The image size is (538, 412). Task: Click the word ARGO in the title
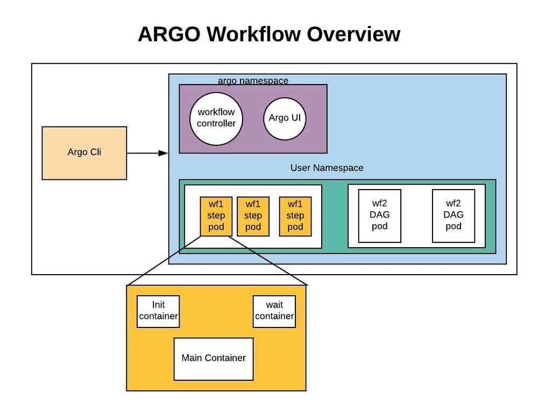[169, 34]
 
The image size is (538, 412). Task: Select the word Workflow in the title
[254, 34]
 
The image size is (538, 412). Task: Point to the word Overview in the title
[353, 34]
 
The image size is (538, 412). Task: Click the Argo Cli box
[84, 152]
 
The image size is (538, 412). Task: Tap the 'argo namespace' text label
[253, 81]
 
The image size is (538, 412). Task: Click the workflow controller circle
[216, 118]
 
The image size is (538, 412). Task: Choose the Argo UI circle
[285, 118]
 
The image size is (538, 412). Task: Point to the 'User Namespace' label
[327, 167]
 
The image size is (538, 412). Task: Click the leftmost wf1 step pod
[216, 216]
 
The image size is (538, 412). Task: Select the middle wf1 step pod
[253, 216]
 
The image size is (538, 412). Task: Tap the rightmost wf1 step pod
[295, 216]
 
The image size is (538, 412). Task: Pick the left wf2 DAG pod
[380, 215]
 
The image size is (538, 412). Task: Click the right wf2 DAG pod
[454, 215]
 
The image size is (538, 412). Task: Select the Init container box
[158, 311]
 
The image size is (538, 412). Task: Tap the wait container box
[274, 311]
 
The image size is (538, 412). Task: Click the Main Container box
[214, 358]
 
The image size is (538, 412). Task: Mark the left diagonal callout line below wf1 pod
[164, 261]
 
